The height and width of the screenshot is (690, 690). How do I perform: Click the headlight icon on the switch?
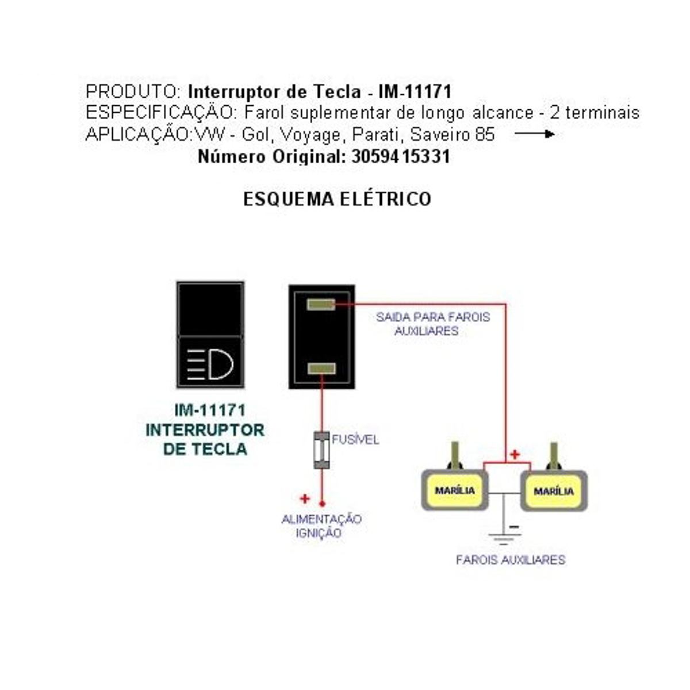point(210,364)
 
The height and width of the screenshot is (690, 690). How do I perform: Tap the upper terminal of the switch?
point(321,304)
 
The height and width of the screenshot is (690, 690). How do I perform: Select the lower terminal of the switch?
point(321,369)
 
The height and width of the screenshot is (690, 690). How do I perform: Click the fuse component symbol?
point(321,450)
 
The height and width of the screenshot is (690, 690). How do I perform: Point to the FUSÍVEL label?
point(355,440)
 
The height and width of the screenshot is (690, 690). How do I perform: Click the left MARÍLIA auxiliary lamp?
point(454,490)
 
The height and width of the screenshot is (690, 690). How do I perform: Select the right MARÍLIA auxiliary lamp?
point(554,491)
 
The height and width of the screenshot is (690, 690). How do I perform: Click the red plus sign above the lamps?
point(515,454)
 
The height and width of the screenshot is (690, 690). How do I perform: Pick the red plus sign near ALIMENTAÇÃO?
point(305,499)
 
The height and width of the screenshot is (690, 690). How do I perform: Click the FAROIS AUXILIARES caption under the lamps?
point(510,559)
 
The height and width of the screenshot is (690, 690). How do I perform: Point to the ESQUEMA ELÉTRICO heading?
point(337,199)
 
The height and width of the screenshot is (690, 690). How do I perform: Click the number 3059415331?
point(401,156)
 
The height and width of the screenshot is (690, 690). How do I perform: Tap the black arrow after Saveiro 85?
point(534,135)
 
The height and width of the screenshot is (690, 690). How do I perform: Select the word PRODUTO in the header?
point(133,91)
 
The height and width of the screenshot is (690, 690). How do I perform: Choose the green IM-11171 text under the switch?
point(210,410)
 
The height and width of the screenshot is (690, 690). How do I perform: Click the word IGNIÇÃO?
point(319,533)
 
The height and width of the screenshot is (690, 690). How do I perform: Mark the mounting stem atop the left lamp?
point(455,455)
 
